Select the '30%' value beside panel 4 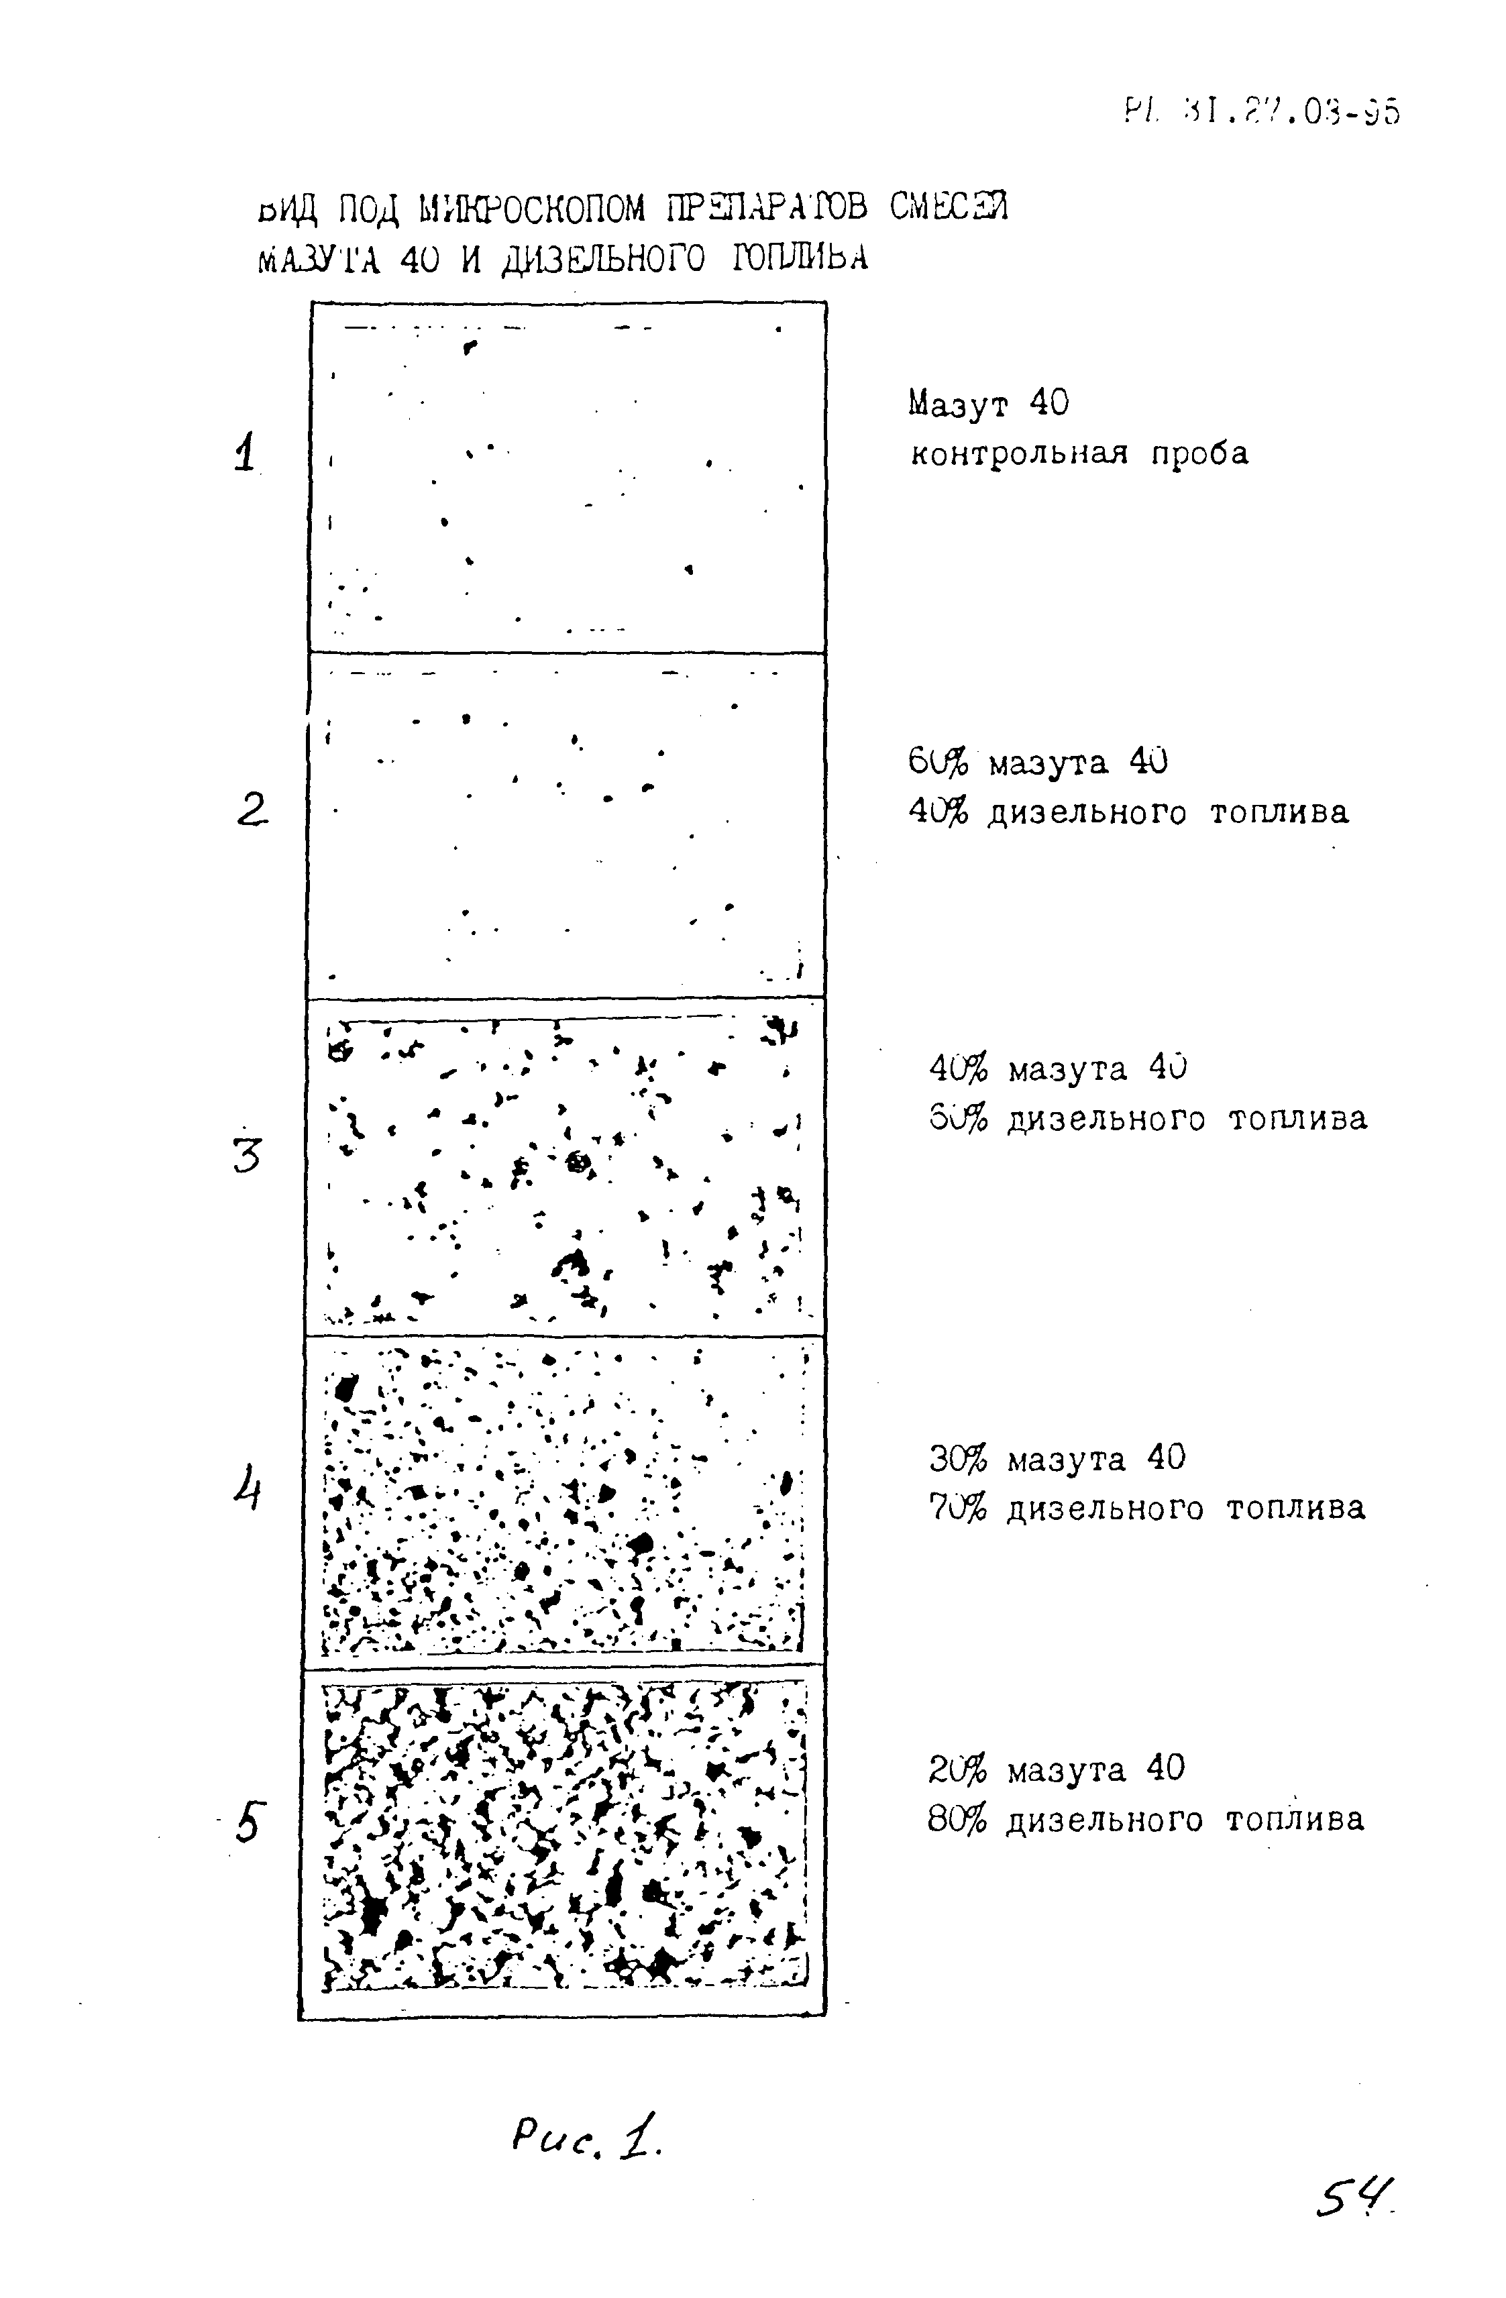point(959,1458)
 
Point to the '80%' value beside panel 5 point(958,1819)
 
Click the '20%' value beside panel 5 point(958,1769)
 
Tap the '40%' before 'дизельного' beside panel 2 point(937,813)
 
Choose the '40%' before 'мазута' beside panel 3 point(959,1069)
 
